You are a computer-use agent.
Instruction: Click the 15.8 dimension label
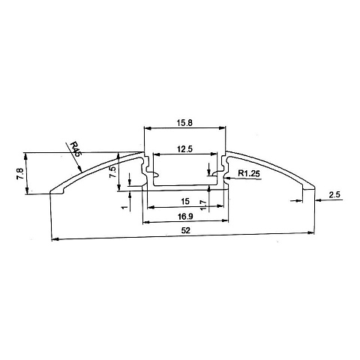coord(185,123)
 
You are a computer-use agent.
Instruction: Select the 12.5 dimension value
coord(185,149)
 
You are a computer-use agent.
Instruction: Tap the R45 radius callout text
coord(75,149)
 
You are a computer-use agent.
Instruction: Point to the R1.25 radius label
coord(249,173)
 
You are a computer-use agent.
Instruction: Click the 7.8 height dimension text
coord(20,173)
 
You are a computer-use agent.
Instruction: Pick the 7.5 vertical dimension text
coord(112,172)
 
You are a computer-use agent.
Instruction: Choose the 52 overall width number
coord(186,230)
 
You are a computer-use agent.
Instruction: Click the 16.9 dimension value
coord(185,217)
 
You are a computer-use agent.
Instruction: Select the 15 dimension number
coord(185,201)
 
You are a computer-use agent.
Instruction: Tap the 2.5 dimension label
coord(334,194)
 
